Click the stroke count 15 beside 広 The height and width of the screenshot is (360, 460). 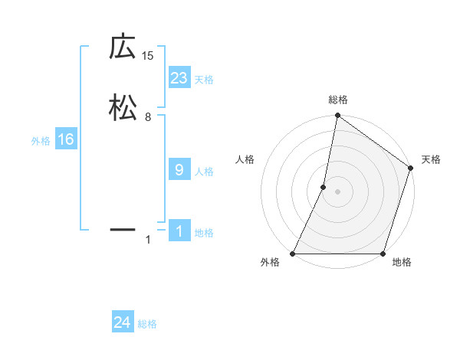coord(148,56)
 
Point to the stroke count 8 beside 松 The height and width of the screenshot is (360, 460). coord(148,117)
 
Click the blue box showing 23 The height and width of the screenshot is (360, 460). coord(179,78)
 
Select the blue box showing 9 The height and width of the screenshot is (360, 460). coord(179,170)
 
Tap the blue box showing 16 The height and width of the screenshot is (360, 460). coord(66,139)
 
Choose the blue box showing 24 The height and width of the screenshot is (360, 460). coord(123,322)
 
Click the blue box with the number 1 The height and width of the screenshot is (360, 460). coord(179,231)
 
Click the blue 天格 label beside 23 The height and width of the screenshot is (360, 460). coord(204,80)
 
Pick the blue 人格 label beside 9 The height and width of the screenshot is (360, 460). coord(204,172)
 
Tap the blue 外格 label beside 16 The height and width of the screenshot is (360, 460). coord(41,141)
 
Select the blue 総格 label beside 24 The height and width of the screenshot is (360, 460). coord(147,324)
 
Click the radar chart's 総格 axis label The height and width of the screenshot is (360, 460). coord(338,100)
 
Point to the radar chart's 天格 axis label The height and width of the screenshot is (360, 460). coord(432,159)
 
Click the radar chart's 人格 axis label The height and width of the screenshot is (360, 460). coord(245,159)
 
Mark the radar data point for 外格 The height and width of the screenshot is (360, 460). coord(293,254)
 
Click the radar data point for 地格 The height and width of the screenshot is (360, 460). coord(383,254)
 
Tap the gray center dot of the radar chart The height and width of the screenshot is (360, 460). coord(338,191)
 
